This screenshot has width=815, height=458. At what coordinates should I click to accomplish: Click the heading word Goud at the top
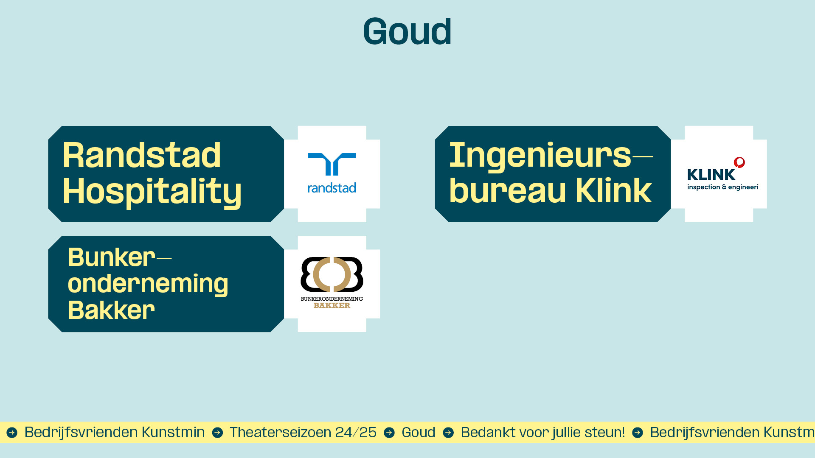pos(407,31)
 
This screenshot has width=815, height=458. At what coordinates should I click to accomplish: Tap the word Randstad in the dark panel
pos(142,155)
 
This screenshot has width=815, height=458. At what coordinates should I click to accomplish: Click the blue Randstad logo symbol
pos(332,164)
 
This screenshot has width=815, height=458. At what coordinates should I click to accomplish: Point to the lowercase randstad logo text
pos(332,188)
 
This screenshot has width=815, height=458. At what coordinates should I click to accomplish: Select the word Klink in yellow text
pos(613,191)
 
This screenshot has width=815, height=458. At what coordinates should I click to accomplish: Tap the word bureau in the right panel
pos(508,191)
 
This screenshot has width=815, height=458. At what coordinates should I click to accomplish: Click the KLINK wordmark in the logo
pos(711,174)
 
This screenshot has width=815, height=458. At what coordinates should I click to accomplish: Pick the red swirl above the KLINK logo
pos(739,162)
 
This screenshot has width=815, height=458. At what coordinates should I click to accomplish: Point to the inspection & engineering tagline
pos(723,187)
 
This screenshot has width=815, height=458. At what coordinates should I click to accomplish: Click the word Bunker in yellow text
pos(112,257)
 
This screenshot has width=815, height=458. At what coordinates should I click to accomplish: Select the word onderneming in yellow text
pos(148,284)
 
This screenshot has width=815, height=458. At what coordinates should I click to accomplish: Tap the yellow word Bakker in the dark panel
pos(111,310)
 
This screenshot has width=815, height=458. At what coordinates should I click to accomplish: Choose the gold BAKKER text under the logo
pos(332,305)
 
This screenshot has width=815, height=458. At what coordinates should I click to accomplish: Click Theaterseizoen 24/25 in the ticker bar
pos(303,432)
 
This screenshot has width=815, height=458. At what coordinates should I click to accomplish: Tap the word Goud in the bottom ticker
pos(419,432)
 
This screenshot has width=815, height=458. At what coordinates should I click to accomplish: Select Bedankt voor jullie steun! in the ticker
pos(543,432)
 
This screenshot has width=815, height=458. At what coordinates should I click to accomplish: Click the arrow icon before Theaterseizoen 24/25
pos(217,433)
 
